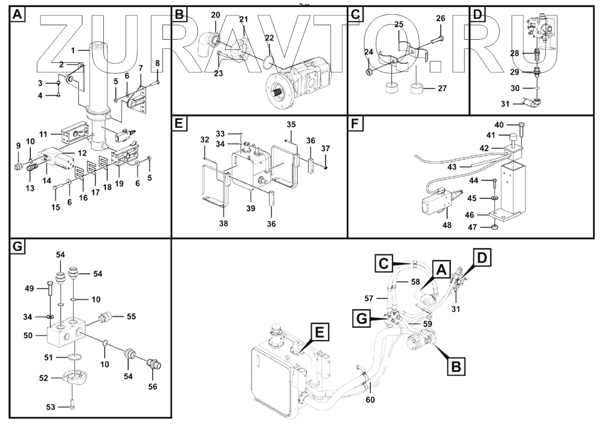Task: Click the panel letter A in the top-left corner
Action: (17, 14)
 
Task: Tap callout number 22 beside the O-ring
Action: (270, 37)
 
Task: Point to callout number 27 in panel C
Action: (441, 89)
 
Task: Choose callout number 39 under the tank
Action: (251, 208)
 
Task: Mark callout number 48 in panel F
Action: (447, 225)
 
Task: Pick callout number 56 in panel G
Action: (153, 386)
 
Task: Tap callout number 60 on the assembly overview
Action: (370, 399)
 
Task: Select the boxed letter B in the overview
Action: (456, 365)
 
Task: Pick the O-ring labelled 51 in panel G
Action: (75, 357)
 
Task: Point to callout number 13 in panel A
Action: (30, 188)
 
